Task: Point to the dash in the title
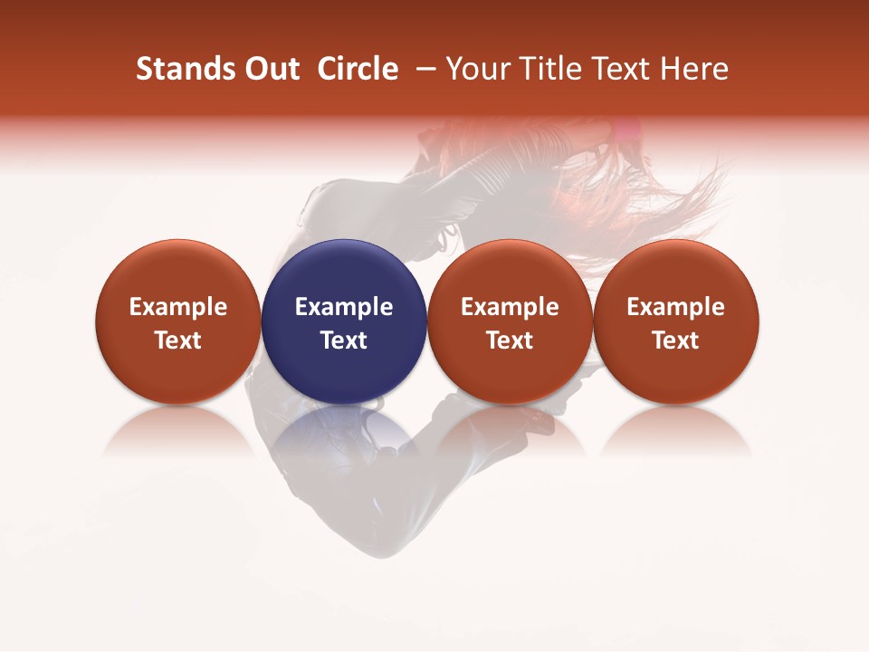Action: click(423, 69)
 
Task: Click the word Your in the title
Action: click(475, 69)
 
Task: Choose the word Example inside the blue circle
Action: click(344, 307)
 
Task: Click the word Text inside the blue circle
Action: click(344, 340)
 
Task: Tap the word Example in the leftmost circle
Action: click(177, 307)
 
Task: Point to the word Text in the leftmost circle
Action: click(177, 340)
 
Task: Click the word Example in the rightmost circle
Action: click(675, 307)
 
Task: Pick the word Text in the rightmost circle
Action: click(675, 340)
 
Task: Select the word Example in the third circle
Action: click(510, 307)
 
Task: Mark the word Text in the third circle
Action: click(510, 340)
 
